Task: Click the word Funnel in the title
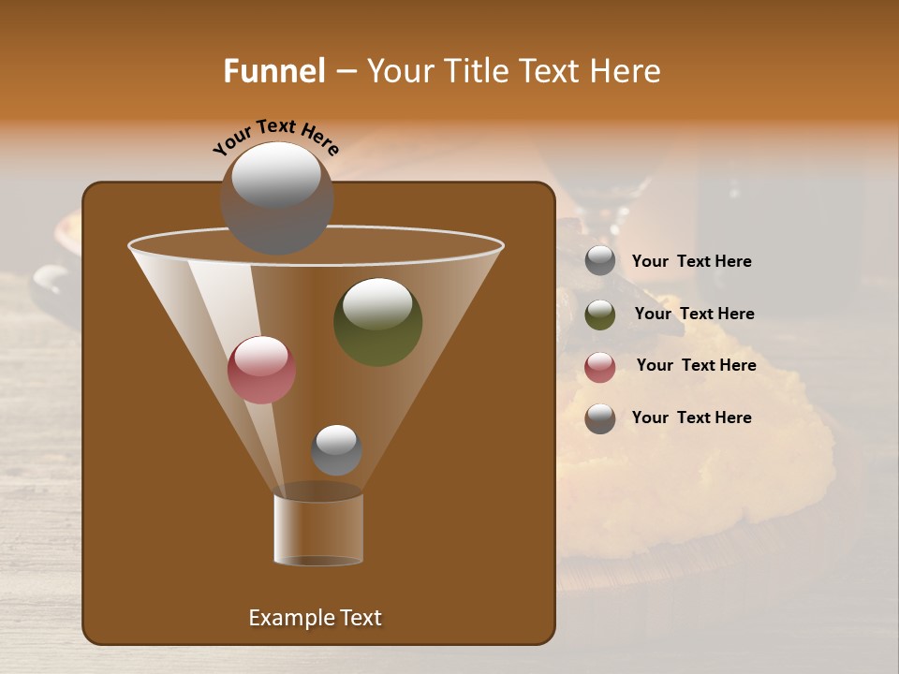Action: pyautogui.click(x=274, y=71)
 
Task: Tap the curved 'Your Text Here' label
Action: pyautogui.click(x=275, y=138)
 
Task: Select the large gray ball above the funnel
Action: pyautogui.click(x=276, y=198)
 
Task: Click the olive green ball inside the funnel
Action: pyautogui.click(x=377, y=322)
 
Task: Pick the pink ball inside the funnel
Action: pyautogui.click(x=261, y=370)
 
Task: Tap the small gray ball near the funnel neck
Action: pyautogui.click(x=336, y=450)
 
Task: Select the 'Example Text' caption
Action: pyautogui.click(x=316, y=618)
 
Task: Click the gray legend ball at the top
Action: pyautogui.click(x=600, y=261)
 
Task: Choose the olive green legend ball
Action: pyautogui.click(x=600, y=315)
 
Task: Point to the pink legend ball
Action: pyautogui.click(x=600, y=367)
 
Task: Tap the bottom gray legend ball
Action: pyautogui.click(x=600, y=418)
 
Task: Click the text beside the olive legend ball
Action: pyautogui.click(x=694, y=315)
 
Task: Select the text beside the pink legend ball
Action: pyautogui.click(x=696, y=366)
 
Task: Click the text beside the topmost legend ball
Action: pyautogui.click(x=691, y=262)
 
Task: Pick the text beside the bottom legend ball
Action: pyautogui.click(x=691, y=418)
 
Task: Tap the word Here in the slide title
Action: pyautogui.click(x=626, y=71)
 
